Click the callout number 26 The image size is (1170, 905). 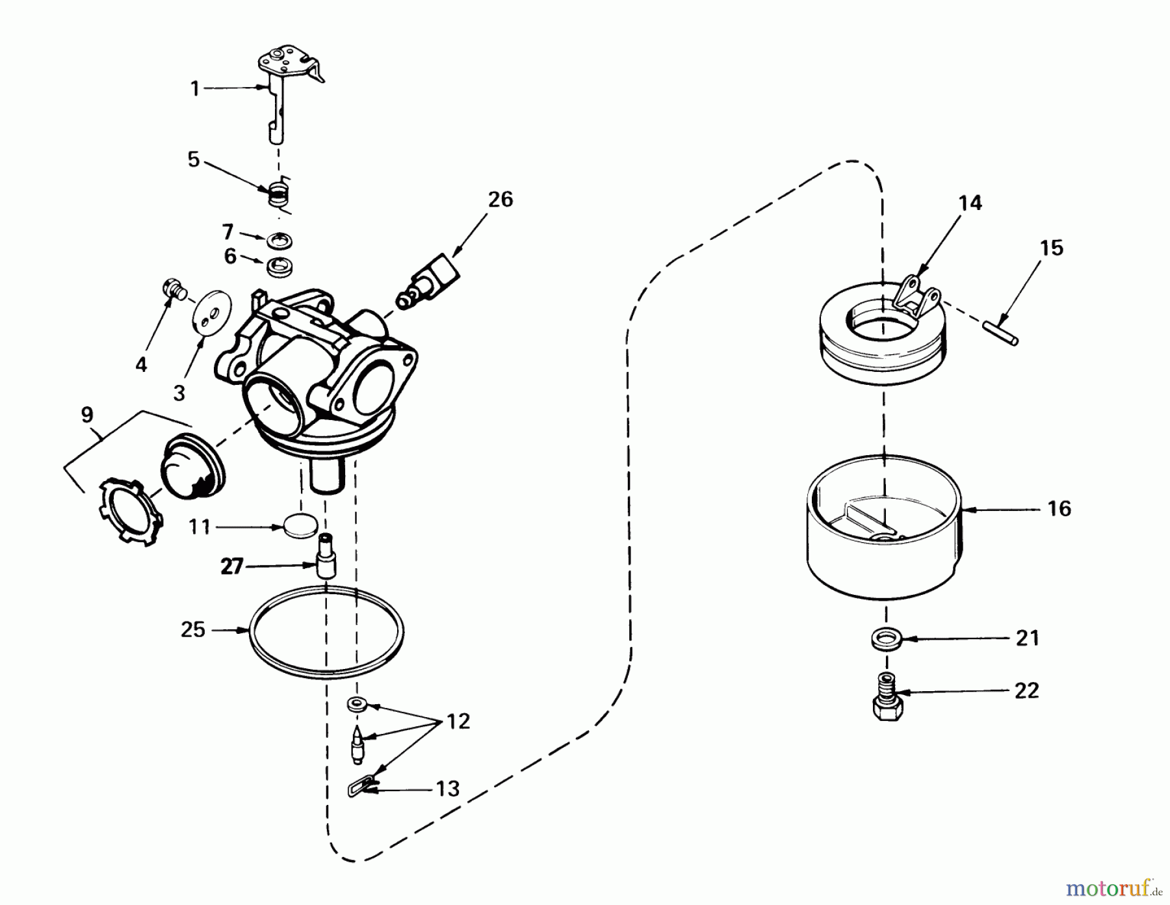(x=500, y=199)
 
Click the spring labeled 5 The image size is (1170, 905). (x=279, y=194)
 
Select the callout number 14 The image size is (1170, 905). (x=970, y=203)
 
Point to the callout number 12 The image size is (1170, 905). (x=459, y=722)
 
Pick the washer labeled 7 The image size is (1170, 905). (x=279, y=241)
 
